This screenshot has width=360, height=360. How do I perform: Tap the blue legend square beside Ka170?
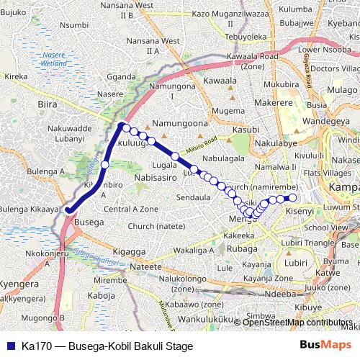click(9, 346)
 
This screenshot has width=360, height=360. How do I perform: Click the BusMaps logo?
click(325, 346)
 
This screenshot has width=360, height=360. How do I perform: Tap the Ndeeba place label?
click(276, 294)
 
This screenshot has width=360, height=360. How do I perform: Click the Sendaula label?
click(193, 197)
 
